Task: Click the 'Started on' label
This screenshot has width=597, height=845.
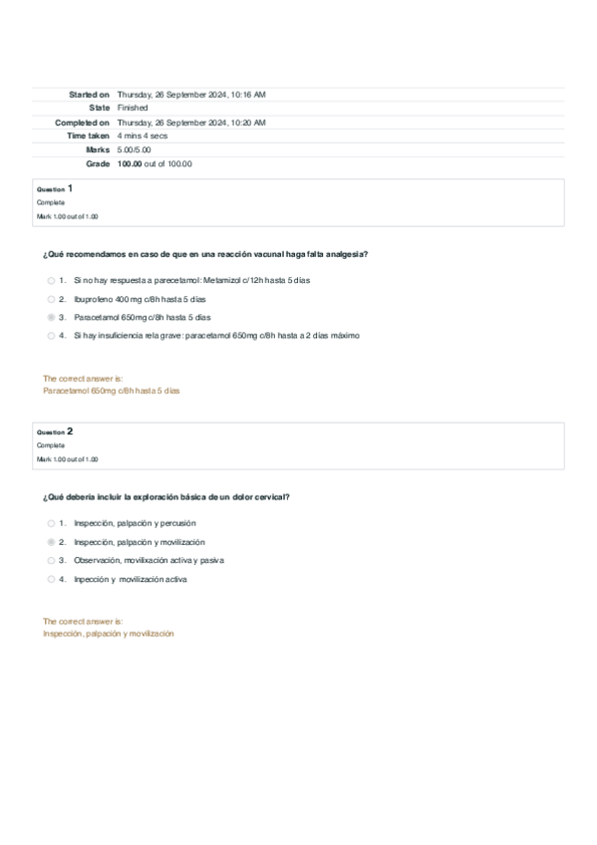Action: [89, 94]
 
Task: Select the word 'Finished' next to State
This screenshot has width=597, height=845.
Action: [133, 108]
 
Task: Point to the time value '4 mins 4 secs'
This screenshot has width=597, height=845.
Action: [142, 136]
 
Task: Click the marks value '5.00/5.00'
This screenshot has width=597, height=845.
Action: [135, 149]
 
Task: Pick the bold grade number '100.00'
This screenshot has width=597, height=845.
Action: [129, 163]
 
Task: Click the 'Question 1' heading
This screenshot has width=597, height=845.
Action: [54, 188]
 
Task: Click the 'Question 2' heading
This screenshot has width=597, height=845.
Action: [54, 431]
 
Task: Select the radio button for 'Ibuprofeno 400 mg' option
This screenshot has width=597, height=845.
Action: [51, 299]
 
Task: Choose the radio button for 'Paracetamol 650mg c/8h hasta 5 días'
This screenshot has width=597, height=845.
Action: [51, 317]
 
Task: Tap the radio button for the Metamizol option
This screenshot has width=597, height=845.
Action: [51, 280]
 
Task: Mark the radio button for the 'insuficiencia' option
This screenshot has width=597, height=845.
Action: [51, 336]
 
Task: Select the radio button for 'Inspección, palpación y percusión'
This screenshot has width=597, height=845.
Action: [51, 523]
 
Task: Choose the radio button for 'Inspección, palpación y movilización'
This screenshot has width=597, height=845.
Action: [51, 542]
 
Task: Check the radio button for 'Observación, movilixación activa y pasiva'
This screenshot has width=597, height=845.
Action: [51, 560]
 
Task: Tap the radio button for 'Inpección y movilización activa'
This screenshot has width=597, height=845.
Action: [51, 579]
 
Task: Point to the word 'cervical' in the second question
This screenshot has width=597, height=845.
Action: [271, 496]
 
